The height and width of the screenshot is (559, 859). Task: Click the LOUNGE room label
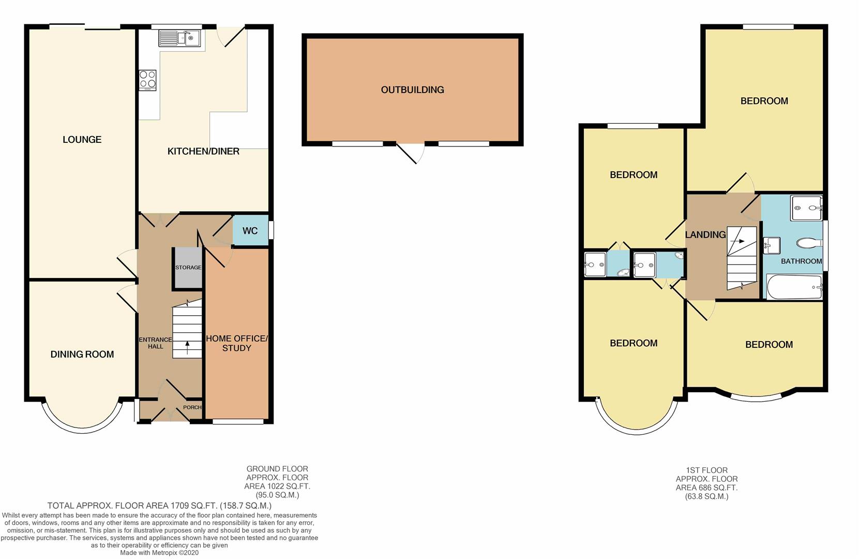(x=82, y=139)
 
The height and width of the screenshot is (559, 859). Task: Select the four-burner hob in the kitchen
(x=147, y=80)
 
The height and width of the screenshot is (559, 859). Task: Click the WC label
(x=250, y=231)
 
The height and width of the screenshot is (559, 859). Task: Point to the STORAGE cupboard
(x=188, y=268)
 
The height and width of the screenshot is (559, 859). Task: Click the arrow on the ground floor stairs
(x=187, y=347)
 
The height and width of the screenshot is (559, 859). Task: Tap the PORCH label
(x=192, y=407)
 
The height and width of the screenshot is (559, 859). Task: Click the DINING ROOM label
(x=82, y=355)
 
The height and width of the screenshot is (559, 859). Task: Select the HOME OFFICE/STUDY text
(x=237, y=343)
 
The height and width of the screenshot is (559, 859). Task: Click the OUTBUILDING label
(x=412, y=90)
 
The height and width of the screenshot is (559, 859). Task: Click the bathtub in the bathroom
(x=794, y=287)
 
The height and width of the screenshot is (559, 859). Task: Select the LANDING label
(x=705, y=235)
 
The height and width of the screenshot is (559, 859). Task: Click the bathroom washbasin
(x=771, y=245)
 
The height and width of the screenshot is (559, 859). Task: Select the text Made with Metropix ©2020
(x=159, y=553)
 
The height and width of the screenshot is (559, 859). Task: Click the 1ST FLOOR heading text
(x=706, y=470)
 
